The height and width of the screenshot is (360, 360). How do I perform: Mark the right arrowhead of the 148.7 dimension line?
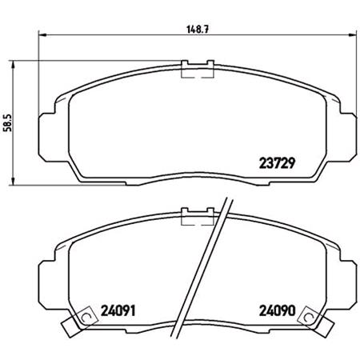point(350,35)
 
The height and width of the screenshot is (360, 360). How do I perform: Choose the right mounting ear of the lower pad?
point(346,277)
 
